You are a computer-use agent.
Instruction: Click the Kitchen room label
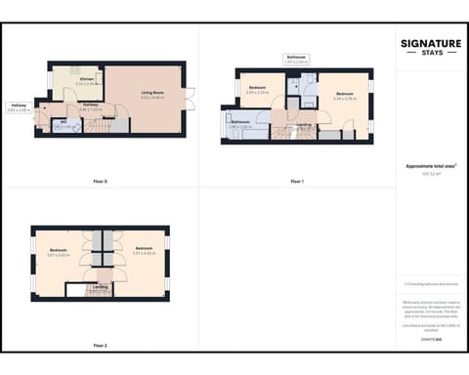pos(86,79)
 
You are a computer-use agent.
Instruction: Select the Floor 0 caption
pos(100,182)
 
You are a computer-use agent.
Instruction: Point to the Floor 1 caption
pos(297,182)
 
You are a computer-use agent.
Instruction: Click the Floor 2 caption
pos(100,346)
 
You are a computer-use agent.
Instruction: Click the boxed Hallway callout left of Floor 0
pos(19,107)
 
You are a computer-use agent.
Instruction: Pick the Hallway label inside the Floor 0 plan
pos(90,105)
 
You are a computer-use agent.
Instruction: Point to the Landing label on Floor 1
pos(304,125)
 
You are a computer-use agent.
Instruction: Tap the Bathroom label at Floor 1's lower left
pos(240,124)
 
